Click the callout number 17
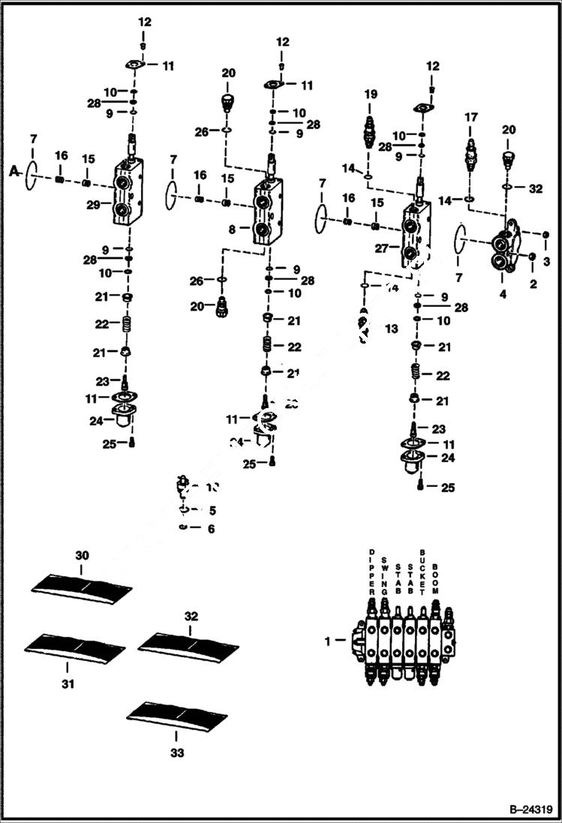470,117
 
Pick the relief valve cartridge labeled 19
370,133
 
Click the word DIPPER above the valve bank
371,571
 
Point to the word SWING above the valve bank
384,573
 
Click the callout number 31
68,683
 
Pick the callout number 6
211,529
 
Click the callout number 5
212,511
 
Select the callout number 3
546,261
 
